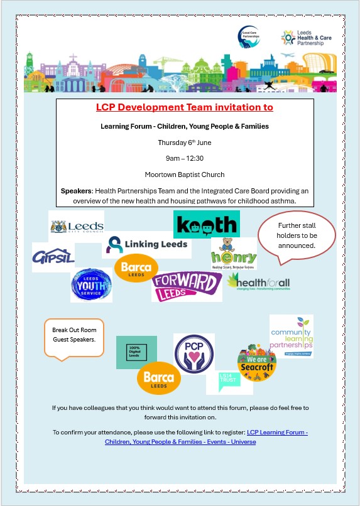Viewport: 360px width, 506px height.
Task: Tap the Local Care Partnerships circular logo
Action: point(248,37)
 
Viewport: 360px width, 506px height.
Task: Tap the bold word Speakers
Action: point(76,191)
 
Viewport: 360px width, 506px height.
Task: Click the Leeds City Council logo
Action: point(76,225)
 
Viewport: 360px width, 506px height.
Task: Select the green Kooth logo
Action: point(205,224)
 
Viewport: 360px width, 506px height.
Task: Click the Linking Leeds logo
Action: point(146,244)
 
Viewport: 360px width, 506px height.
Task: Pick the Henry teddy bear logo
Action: point(234,254)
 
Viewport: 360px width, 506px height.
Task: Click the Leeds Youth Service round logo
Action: point(91,284)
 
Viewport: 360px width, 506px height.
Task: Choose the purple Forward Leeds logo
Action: point(178,286)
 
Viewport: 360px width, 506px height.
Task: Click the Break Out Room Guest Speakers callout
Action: point(74,335)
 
